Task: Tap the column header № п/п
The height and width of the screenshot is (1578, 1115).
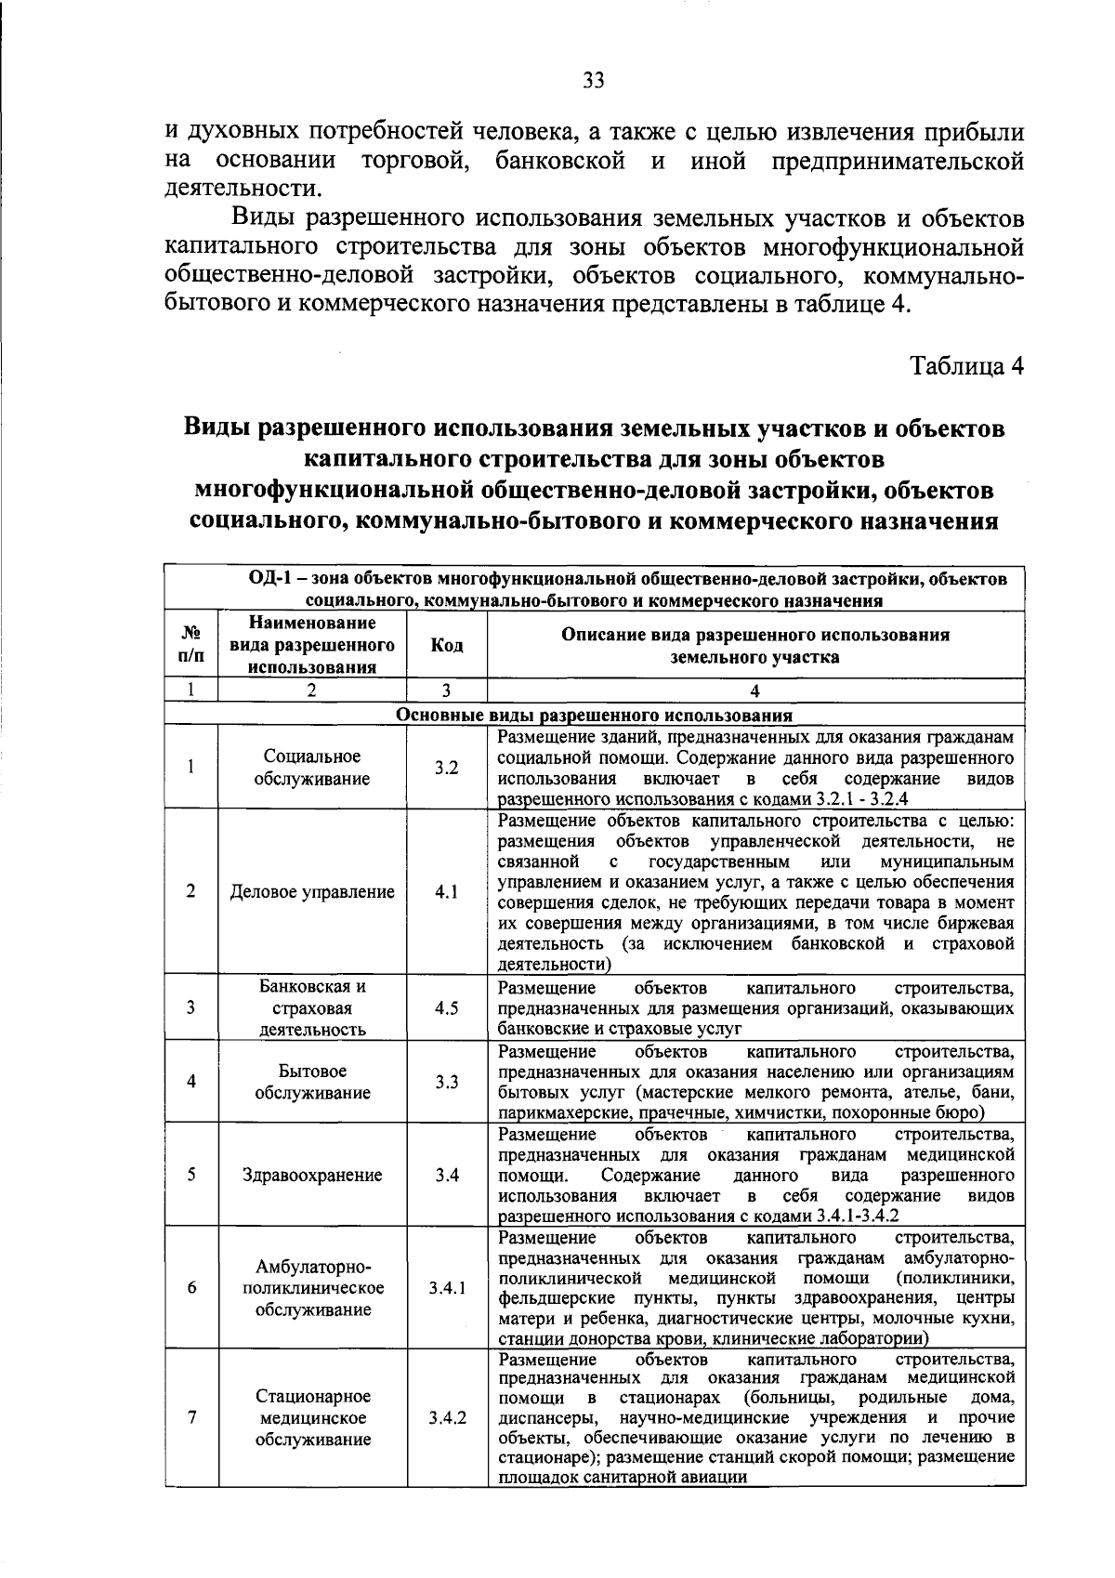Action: click(190, 645)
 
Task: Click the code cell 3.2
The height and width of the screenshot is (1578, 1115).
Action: click(446, 769)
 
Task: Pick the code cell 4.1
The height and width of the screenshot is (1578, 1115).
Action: click(446, 891)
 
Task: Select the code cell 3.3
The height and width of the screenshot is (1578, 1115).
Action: click(446, 1082)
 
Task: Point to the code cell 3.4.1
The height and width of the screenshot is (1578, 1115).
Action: click(447, 1288)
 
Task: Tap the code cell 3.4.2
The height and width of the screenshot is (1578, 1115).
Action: click(447, 1418)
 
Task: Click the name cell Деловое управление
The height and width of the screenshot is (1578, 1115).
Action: click(312, 891)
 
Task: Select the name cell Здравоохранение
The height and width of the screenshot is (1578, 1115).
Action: click(312, 1175)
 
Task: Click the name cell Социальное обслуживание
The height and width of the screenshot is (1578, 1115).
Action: click(312, 768)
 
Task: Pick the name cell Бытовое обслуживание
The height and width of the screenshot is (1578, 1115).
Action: click(312, 1082)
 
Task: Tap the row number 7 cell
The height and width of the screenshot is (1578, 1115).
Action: click(191, 1418)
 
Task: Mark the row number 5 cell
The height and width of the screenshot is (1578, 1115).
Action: click(190, 1174)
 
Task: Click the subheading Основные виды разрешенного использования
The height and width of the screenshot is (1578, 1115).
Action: click(594, 716)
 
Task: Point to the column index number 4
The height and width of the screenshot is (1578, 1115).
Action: click(754, 690)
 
